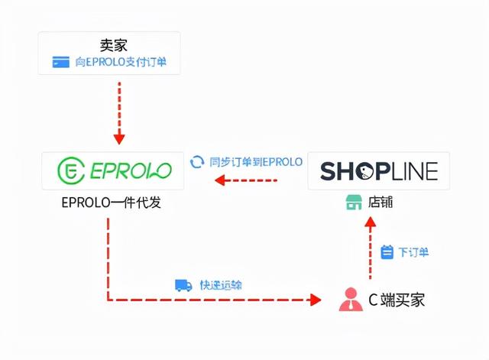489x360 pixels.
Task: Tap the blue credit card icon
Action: pyautogui.click(x=60, y=63)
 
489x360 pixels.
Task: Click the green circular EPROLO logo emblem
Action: pyautogui.click(x=70, y=171)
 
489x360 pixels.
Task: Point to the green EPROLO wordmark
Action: pyautogui.click(x=129, y=171)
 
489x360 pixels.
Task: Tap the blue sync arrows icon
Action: pyautogui.click(x=197, y=161)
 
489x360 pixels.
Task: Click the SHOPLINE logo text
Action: pyautogui.click(x=379, y=171)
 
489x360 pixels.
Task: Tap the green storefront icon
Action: pyautogui.click(x=352, y=203)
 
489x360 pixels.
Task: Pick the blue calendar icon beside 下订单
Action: pyautogui.click(x=387, y=251)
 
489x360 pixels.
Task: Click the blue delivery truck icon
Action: pyautogui.click(x=183, y=285)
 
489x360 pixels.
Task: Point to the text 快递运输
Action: pyautogui.click(x=222, y=285)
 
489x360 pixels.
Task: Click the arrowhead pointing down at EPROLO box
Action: pyautogui.click(x=118, y=139)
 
